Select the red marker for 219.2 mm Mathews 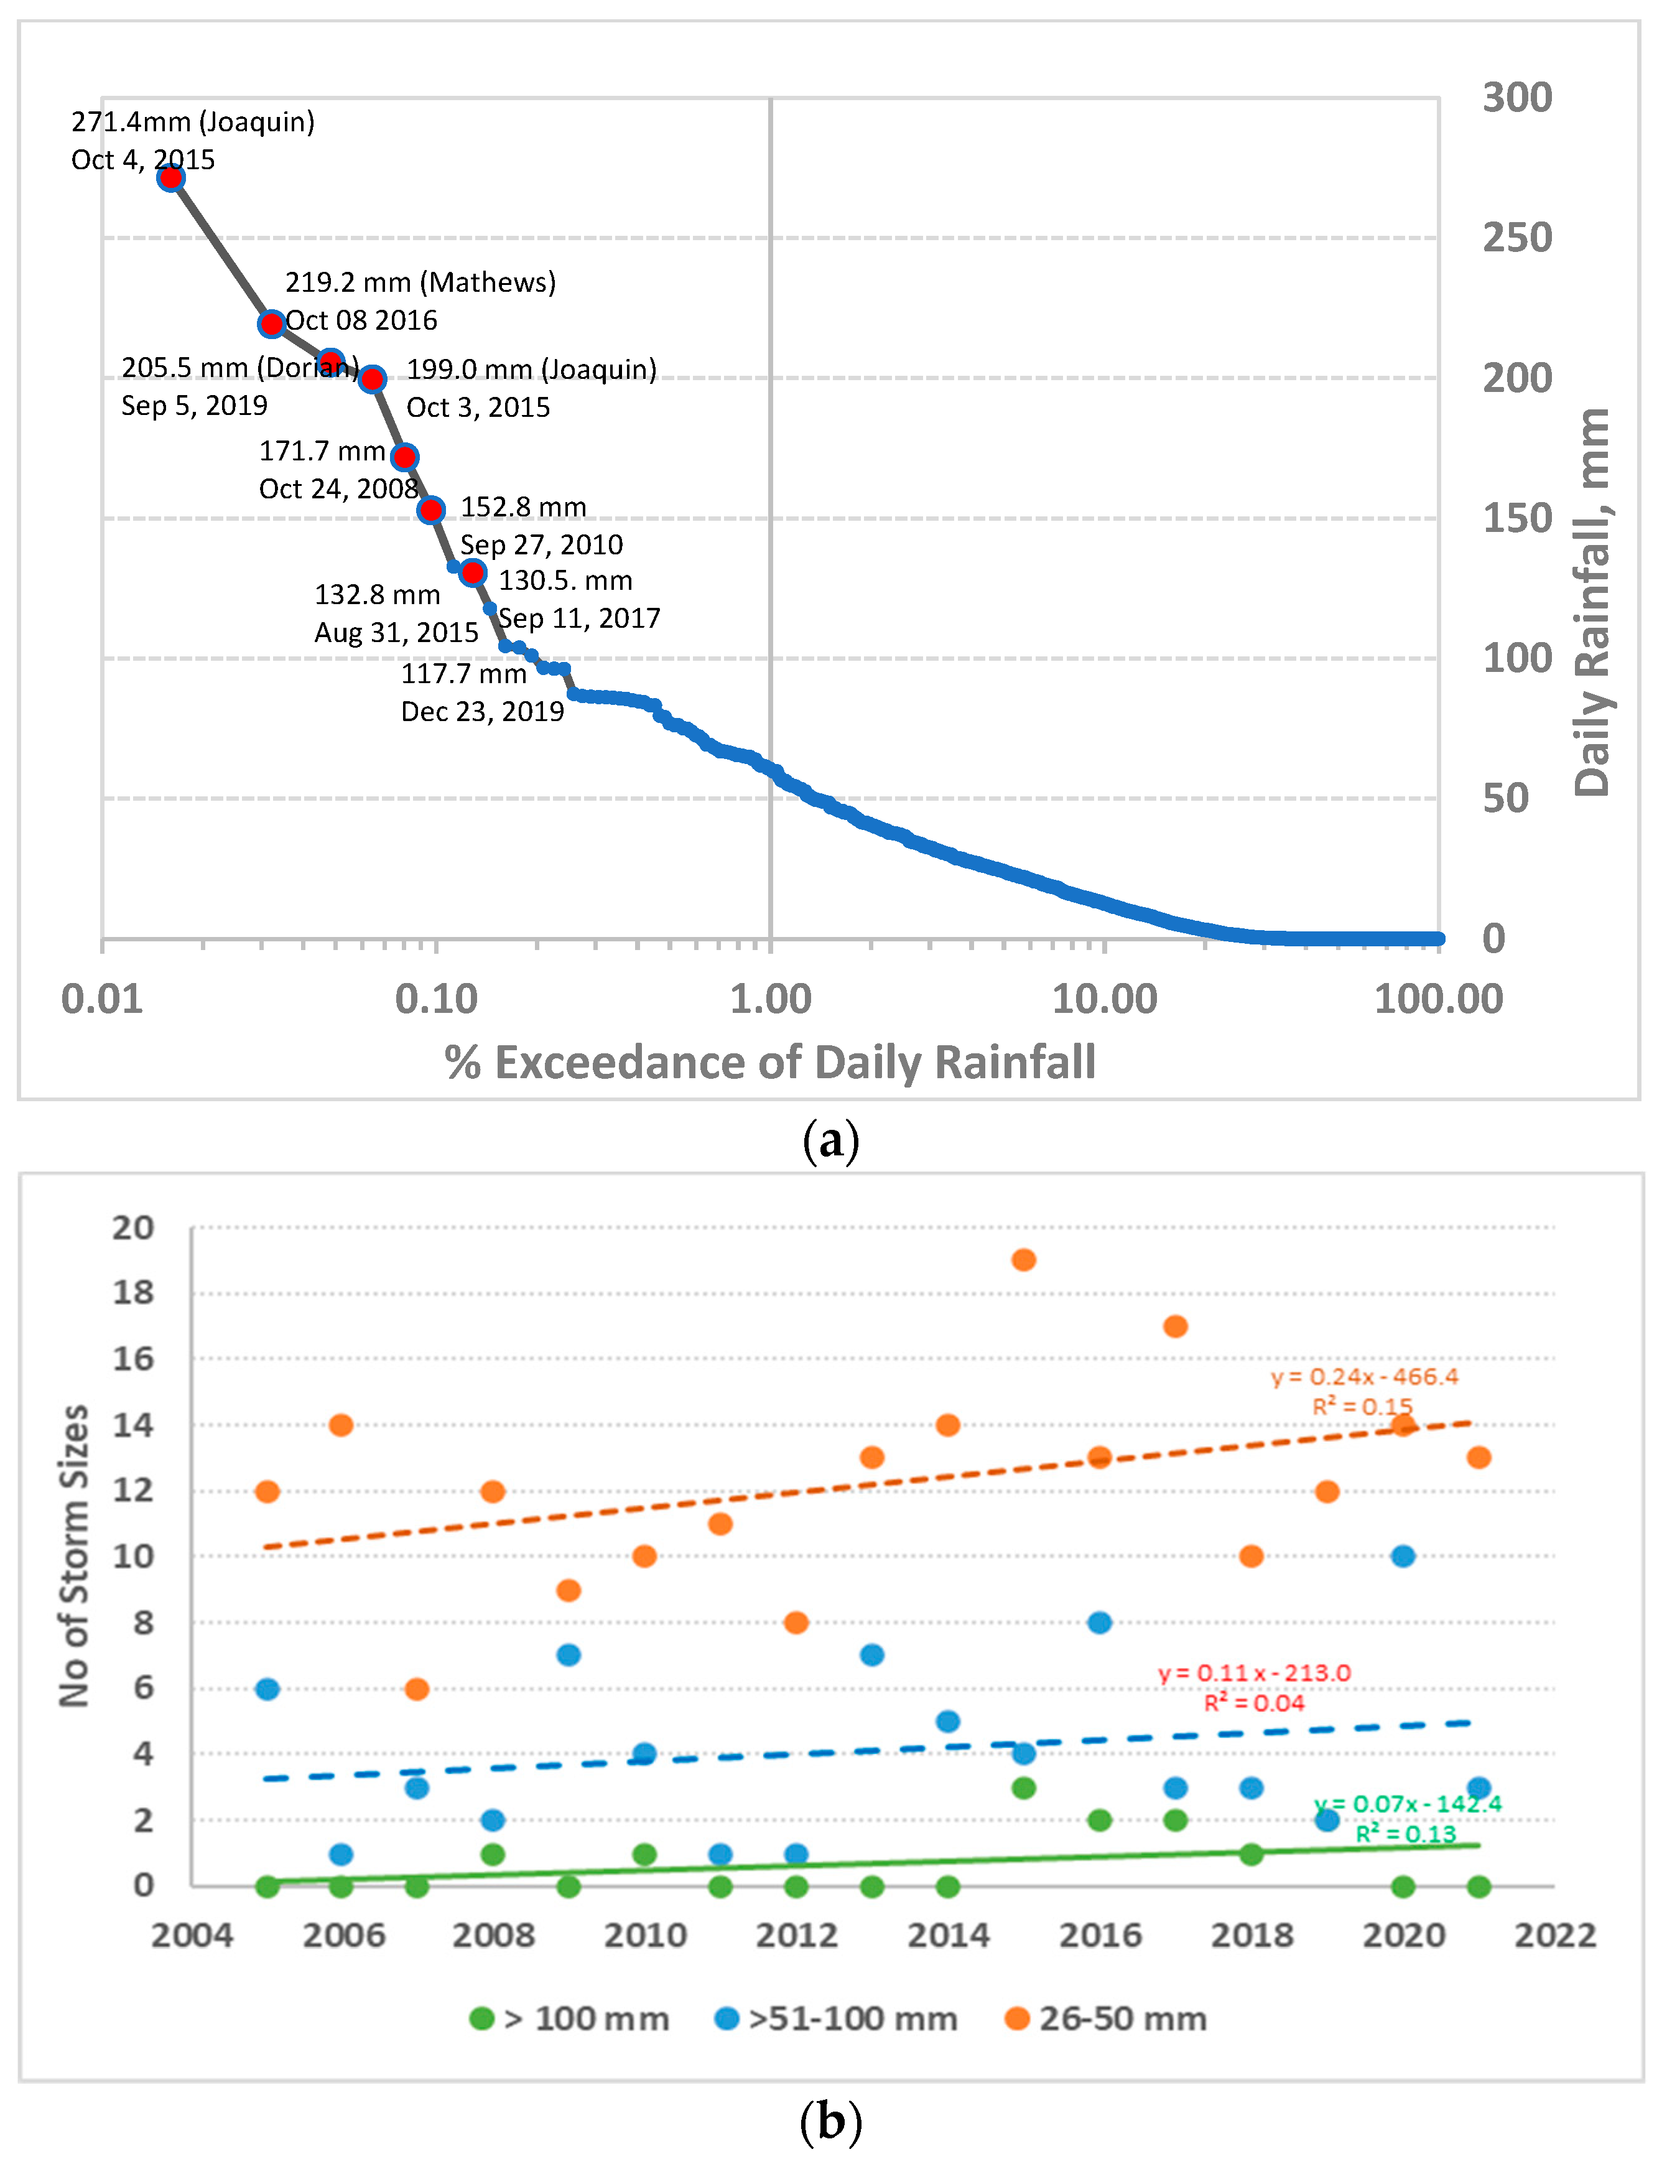(271, 324)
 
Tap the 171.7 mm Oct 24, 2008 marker (404, 457)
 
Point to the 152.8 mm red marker (430, 510)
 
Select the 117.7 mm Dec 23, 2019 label (482, 692)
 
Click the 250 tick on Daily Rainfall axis (1516, 238)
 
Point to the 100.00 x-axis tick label (1438, 999)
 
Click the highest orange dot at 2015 (1024, 1260)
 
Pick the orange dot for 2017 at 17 (1175, 1326)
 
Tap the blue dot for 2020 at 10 (1402, 1556)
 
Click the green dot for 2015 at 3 (1024, 1788)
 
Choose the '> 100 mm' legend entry (570, 2019)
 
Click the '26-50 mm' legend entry (1105, 2019)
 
